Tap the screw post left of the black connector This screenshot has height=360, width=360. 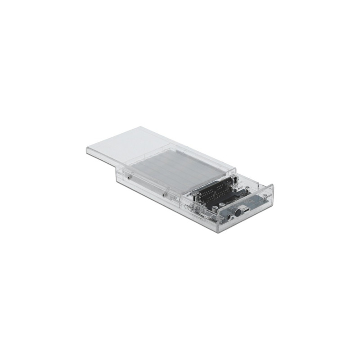point(197,197)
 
